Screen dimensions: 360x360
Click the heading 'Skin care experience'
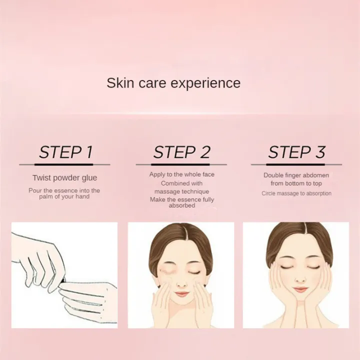pyautogui.click(x=173, y=83)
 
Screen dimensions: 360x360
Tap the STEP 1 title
pyautogui.click(x=65, y=152)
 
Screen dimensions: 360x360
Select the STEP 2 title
pyautogui.click(x=181, y=152)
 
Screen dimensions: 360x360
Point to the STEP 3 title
pyautogui.click(x=296, y=152)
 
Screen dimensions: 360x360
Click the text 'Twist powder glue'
pyautogui.click(x=64, y=177)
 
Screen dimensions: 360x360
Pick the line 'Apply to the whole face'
pyautogui.click(x=182, y=174)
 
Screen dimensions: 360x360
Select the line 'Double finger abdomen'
pyautogui.click(x=296, y=175)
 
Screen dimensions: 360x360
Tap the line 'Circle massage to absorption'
pyautogui.click(x=296, y=193)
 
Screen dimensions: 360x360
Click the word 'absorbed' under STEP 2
pyautogui.click(x=182, y=205)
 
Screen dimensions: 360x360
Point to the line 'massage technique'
pyautogui.click(x=182, y=191)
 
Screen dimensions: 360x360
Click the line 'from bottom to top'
pyautogui.click(x=296, y=183)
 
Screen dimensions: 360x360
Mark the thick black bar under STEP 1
pyautogui.click(x=64, y=164)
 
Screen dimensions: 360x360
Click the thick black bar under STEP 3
pyautogui.click(x=295, y=164)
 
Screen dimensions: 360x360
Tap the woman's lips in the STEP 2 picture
pyautogui.click(x=181, y=293)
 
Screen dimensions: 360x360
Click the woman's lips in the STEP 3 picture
pyautogui.click(x=300, y=289)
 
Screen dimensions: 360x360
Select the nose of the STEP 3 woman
pyautogui.click(x=300, y=279)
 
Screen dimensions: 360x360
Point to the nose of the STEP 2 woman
pyautogui.click(x=181, y=283)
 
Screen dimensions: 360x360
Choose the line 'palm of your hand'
pyautogui.click(x=64, y=196)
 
